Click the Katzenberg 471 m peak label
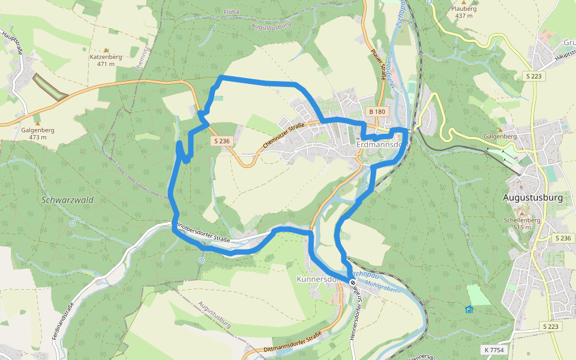point(106,60)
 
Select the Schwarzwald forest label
point(68,199)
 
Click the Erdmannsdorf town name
point(382,145)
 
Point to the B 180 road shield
point(377,112)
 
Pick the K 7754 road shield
point(493,349)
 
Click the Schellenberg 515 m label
point(522,224)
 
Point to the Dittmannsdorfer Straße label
point(292,343)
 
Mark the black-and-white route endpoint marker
point(352,281)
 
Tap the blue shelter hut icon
point(469,310)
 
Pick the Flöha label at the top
point(232,11)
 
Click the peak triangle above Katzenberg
point(106,50)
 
